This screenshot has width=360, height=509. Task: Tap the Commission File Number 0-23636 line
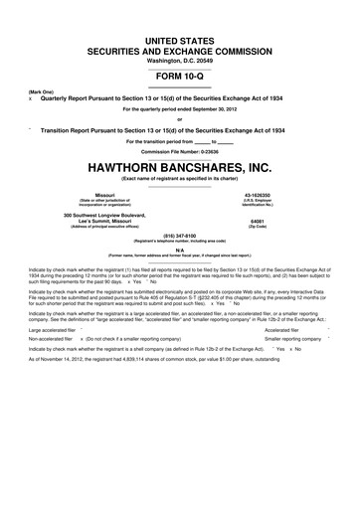click(180, 151)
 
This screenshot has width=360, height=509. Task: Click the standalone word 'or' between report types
click(180, 119)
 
